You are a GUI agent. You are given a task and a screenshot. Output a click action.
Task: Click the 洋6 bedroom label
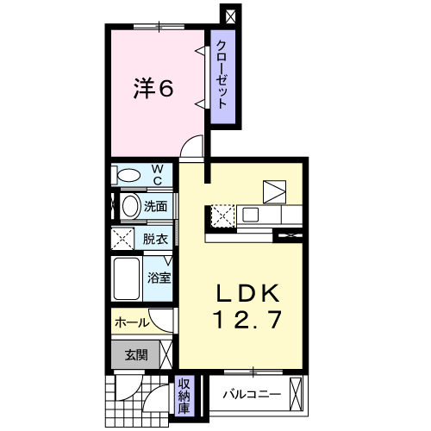tap(153, 89)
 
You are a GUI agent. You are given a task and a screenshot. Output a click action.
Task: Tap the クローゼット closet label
tap(222, 75)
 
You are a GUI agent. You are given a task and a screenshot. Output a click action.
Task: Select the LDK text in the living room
tap(247, 293)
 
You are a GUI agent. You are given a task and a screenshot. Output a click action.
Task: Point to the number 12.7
tap(247, 320)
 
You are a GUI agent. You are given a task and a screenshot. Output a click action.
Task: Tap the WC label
tap(158, 175)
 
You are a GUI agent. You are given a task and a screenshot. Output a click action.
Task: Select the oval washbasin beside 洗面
tap(130, 206)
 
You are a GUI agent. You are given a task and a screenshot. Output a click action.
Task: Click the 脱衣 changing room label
tap(155, 239)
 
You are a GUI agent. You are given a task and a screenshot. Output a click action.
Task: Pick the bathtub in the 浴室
tap(127, 278)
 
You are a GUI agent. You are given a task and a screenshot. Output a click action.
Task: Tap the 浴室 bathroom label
tap(159, 278)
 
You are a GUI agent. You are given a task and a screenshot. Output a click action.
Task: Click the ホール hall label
tap(132, 323)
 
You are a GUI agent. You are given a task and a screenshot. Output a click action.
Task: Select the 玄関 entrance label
tap(136, 355)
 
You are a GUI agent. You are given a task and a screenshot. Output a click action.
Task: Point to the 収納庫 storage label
tap(184, 397)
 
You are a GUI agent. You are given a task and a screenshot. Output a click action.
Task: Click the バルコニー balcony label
tap(252, 394)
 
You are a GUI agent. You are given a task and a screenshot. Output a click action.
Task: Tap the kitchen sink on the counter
tap(251, 215)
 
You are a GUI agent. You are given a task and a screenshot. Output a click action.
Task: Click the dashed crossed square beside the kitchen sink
tap(222, 216)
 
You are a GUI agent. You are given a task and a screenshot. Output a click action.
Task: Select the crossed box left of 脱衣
tap(122, 239)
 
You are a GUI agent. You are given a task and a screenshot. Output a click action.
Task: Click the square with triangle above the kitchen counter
tap(274, 191)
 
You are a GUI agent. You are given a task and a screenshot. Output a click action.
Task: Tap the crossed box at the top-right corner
tap(230, 16)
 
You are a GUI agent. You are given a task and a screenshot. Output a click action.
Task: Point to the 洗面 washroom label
tap(155, 206)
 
